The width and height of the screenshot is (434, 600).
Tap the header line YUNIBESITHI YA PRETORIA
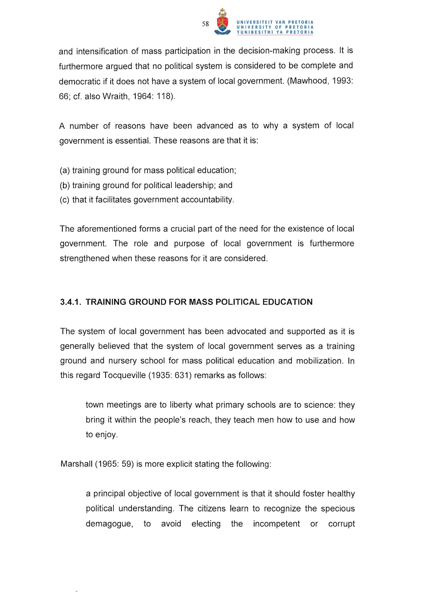point(275,32)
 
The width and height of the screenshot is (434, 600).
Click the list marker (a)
point(65,170)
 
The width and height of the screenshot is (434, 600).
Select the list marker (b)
point(65,185)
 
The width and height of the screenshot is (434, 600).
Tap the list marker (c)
point(65,200)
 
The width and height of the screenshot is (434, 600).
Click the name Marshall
point(76,464)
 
